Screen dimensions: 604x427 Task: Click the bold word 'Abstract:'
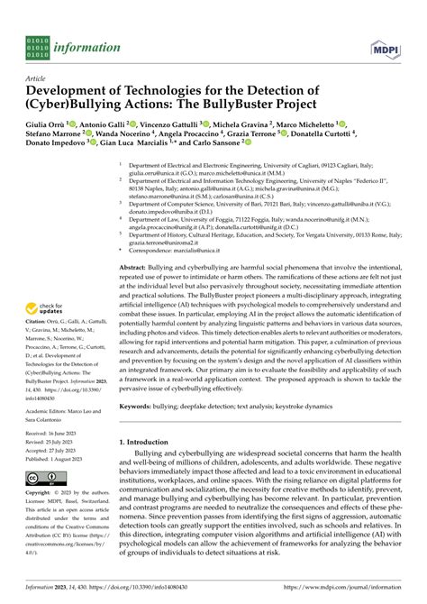click(135, 269)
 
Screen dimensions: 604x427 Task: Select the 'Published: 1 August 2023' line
click(60, 459)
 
